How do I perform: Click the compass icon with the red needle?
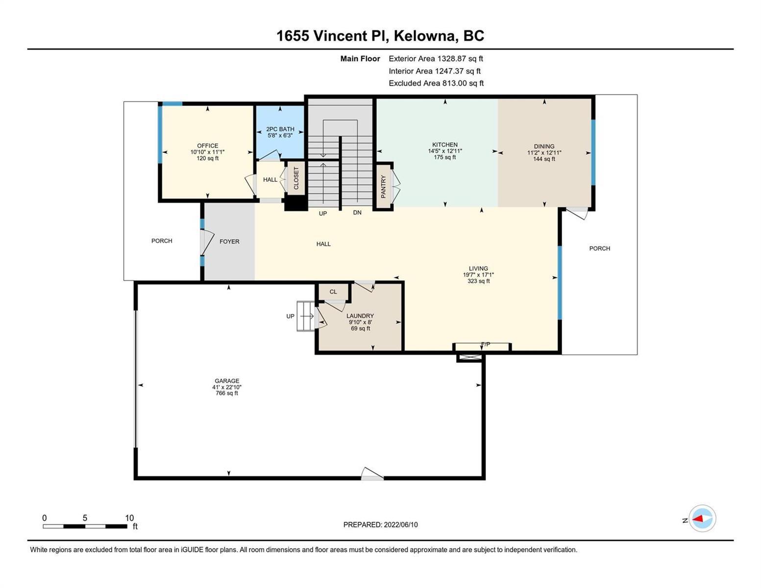pos(702,518)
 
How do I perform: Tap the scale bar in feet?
pos(85,526)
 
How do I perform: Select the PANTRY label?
pos(383,187)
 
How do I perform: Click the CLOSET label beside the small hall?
pos(296,178)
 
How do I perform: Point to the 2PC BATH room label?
pos(280,129)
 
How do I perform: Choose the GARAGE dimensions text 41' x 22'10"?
pos(227,387)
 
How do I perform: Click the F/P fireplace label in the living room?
pos(486,344)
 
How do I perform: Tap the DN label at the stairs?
pos(357,213)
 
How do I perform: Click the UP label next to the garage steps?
pos(290,316)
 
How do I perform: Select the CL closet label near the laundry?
pos(333,292)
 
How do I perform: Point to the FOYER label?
pos(229,242)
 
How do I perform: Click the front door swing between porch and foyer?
pos(207,242)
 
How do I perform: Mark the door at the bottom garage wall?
pos(372,473)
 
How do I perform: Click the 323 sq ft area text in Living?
pos(478,281)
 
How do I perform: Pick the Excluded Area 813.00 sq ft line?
pos(436,83)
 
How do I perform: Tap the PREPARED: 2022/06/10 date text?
pos(380,525)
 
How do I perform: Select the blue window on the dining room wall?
pos(593,152)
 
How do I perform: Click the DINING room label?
pos(544,147)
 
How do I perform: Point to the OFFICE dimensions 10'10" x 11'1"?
pos(207,152)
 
